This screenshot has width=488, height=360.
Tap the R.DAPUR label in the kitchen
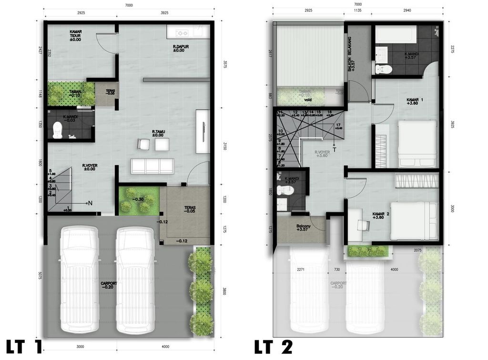(179, 48)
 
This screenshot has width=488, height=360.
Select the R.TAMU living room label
(158, 133)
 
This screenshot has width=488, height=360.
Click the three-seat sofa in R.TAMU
(152, 166)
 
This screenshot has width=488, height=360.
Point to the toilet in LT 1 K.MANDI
(58, 129)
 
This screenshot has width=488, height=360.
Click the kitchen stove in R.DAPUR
(182, 32)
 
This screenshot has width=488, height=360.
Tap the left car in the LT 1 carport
(79, 280)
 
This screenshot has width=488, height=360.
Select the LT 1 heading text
(24, 347)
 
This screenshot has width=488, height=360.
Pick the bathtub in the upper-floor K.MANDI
(396, 34)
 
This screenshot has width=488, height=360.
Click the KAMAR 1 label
(415, 101)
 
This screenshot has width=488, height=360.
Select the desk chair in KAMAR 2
(364, 224)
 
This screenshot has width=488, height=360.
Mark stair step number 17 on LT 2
(338, 126)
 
